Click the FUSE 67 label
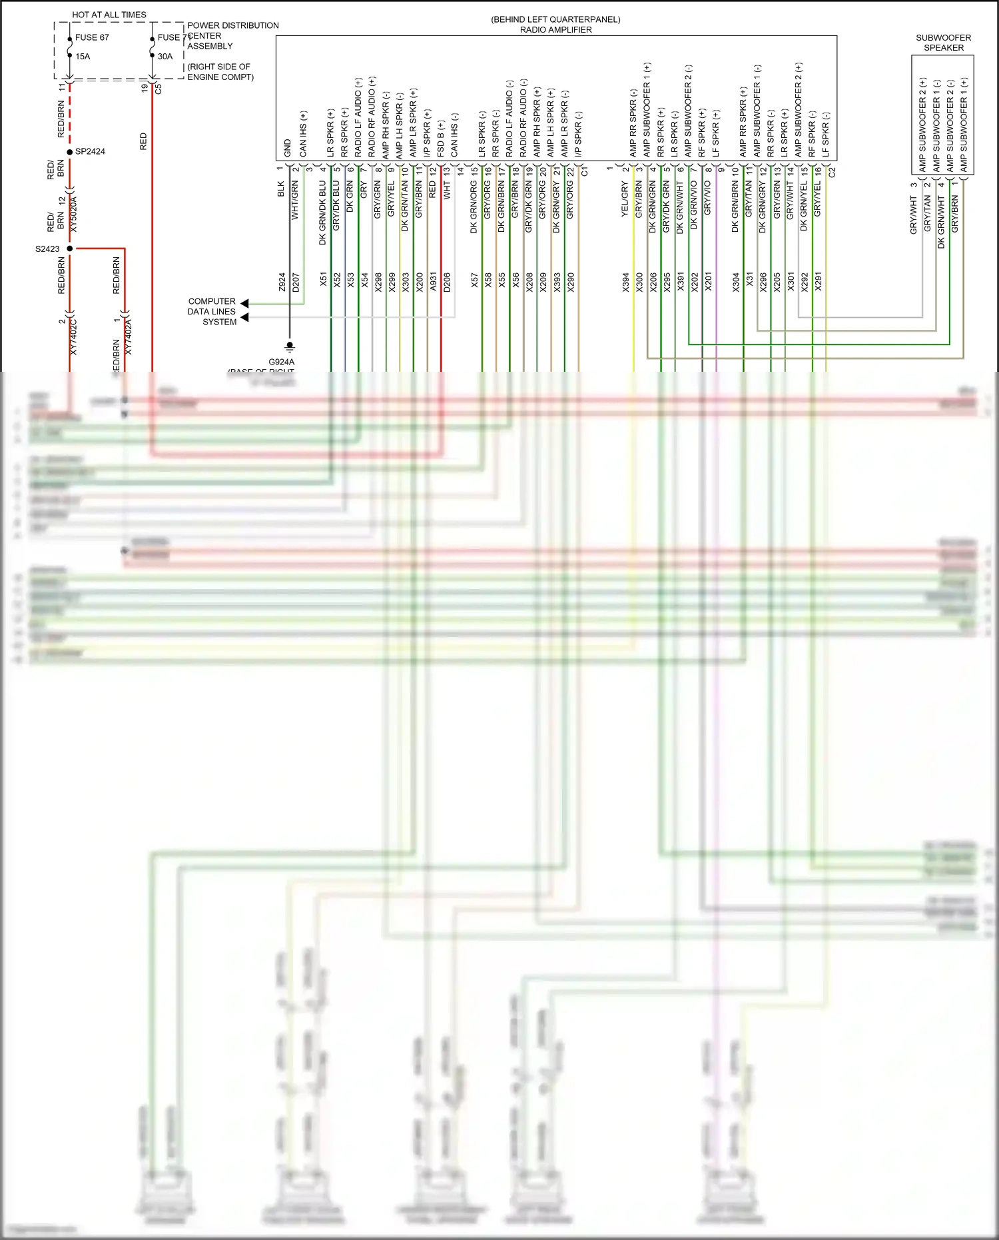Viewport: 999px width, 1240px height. click(92, 37)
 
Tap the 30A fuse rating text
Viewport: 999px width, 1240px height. click(165, 57)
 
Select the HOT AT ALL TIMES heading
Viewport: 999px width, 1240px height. click(109, 15)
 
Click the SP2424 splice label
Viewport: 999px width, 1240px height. click(90, 152)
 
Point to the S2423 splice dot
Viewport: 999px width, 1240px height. click(70, 249)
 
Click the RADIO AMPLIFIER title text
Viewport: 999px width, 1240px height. click(555, 30)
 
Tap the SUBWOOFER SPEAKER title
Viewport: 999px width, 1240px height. click(943, 43)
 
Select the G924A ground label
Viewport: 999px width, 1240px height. click(281, 362)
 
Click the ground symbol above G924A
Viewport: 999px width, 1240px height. click(290, 346)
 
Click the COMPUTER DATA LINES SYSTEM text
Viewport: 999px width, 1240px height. click(212, 311)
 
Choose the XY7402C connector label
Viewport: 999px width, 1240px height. click(73, 336)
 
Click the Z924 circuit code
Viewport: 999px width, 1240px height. click(282, 281)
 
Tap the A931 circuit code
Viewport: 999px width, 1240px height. click(433, 281)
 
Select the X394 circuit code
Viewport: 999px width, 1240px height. click(625, 282)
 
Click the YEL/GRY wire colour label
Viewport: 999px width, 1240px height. click(625, 199)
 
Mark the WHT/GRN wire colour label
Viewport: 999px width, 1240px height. click(295, 201)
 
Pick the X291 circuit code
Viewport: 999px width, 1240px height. click(819, 282)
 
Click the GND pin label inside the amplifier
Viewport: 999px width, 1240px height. click(287, 148)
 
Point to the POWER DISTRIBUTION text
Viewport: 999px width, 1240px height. click(233, 25)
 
